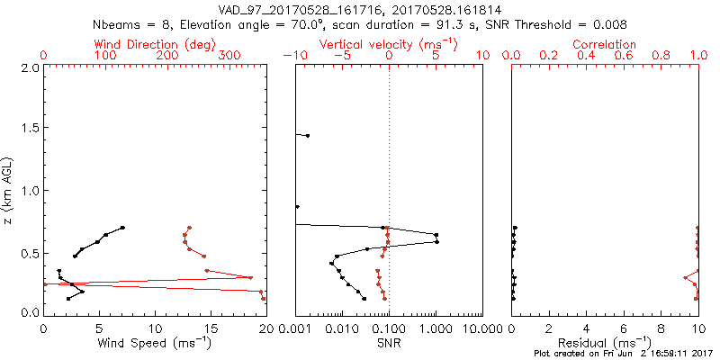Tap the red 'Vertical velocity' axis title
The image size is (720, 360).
(388, 44)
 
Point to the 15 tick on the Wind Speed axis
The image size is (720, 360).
(211, 328)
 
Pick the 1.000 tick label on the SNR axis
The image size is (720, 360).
(436, 328)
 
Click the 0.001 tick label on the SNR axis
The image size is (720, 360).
(295, 328)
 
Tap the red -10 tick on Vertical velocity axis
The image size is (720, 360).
(294, 55)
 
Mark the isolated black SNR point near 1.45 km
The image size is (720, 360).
(308, 135)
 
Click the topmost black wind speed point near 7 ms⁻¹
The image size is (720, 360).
(122, 228)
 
